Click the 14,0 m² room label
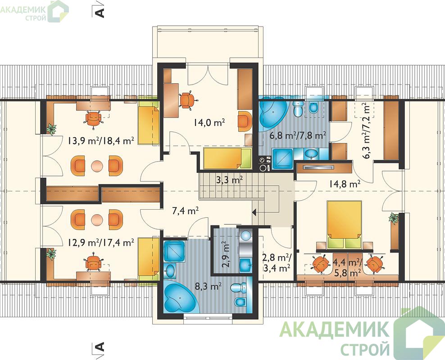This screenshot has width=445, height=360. (210, 122)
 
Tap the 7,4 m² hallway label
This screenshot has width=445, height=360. (185, 211)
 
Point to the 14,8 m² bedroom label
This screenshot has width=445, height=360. (345, 184)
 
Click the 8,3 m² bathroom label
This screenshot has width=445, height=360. (208, 287)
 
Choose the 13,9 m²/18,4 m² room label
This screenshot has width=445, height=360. (101, 140)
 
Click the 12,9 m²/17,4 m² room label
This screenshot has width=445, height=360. (101, 243)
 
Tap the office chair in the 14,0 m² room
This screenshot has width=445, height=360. (187, 100)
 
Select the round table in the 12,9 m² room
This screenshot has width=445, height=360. (97, 219)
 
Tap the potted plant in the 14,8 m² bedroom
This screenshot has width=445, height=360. (394, 218)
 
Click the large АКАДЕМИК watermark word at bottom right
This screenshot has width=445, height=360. (334, 329)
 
